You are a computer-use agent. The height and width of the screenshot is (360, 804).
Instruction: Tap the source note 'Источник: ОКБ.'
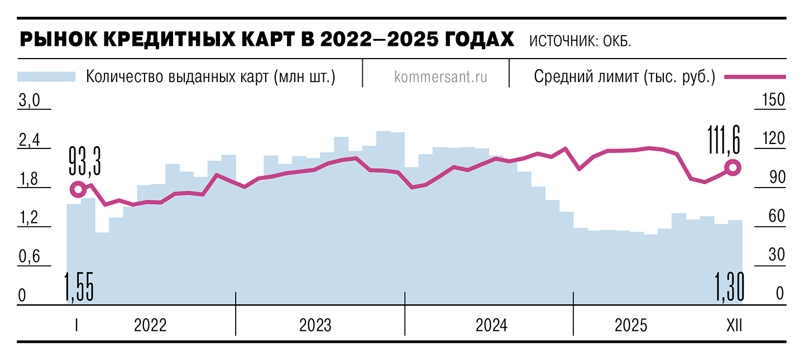[580, 41]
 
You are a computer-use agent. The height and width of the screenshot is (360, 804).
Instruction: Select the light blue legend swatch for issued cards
[46, 76]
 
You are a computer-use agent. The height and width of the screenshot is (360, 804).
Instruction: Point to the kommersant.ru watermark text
[441, 77]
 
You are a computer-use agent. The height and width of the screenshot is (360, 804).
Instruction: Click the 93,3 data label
[85, 161]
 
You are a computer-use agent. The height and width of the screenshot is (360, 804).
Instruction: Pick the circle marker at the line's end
[733, 167]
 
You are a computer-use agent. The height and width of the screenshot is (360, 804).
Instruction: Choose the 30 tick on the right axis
[777, 255]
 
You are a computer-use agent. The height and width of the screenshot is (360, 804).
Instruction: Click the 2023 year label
[315, 325]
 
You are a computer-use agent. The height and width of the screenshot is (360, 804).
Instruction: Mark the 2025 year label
[631, 325]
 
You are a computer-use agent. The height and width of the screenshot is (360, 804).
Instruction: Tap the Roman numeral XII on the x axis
[734, 325]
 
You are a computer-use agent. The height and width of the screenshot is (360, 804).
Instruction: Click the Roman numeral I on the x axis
[76, 325]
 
